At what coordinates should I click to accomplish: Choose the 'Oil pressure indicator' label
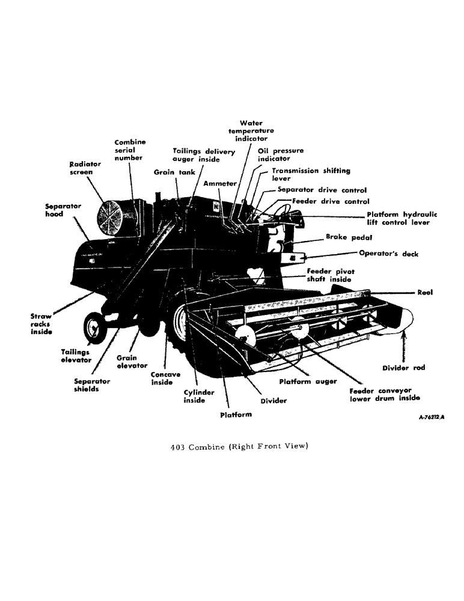pyautogui.click(x=280, y=154)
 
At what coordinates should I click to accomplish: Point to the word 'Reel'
pyautogui.click(x=424, y=293)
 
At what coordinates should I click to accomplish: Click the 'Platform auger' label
pyautogui.click(x=308, y=381)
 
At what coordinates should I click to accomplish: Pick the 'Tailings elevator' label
pyautogui.click(x=76, y=356)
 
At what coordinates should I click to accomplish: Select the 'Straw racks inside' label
pyautogui.click(x=41, y=323)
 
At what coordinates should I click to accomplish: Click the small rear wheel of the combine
pyautogui.click(x=94, y=329)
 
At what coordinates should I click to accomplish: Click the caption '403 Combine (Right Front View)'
pyautogui.click(x=239, y=446)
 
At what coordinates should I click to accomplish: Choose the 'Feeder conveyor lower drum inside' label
pyautogui.click(x=385, y=394)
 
